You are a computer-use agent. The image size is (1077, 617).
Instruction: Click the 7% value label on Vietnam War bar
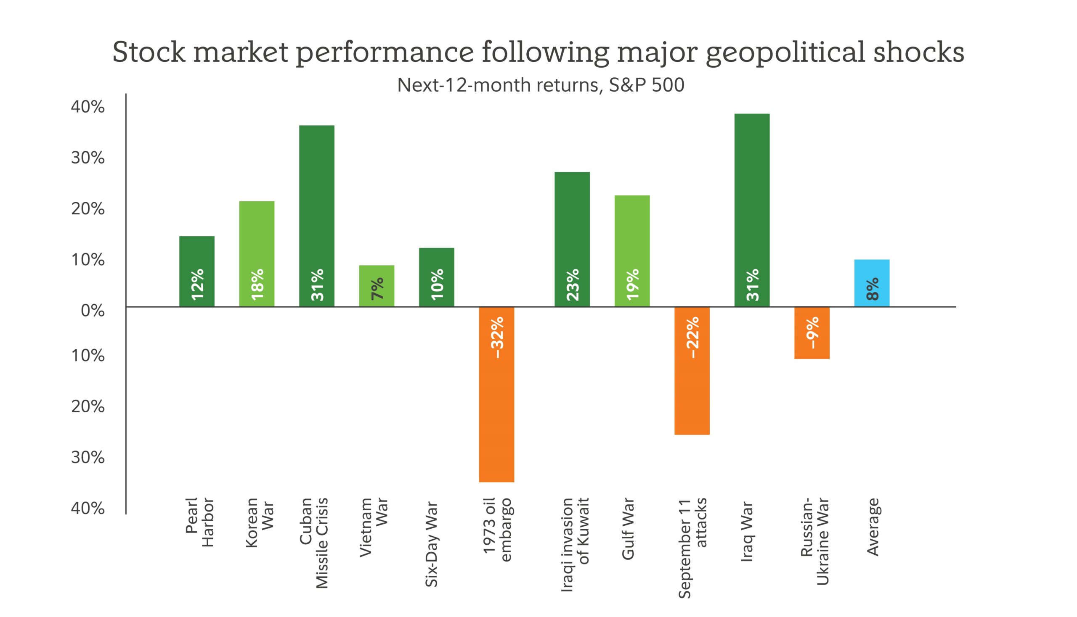point(377,289)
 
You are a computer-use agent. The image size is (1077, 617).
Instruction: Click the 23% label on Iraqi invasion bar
point(572,285)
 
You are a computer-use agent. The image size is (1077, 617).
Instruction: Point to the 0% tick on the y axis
point(93,311)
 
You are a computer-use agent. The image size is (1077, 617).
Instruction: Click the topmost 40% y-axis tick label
point(88,107)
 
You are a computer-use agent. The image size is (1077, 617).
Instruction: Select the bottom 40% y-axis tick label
point(88,508)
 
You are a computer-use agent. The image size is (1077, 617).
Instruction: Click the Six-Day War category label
point(431,544)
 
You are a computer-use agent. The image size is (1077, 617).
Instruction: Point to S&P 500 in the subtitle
point(647,85)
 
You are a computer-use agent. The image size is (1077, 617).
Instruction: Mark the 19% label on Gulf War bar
point(632,285)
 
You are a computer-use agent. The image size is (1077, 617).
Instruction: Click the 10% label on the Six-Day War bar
point(437,285)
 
